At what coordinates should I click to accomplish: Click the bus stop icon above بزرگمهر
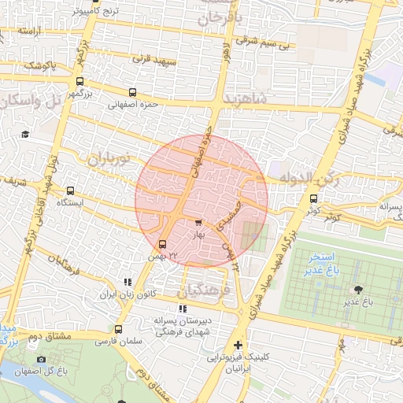[79, 81]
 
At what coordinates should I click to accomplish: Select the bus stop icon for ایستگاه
[71, 190]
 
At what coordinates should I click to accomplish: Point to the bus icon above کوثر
[314, 198]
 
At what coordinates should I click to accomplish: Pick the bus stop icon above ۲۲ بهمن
[162, 244]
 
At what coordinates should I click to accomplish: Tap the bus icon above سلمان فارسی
[118, 330]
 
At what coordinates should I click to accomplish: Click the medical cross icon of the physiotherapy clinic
[238, 345]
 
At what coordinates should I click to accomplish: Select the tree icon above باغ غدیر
[359, 290]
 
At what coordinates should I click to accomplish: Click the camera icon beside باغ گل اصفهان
[41, 360]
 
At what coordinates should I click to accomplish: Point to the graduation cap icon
[25, 135]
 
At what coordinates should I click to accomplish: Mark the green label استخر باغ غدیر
[322, 264]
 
